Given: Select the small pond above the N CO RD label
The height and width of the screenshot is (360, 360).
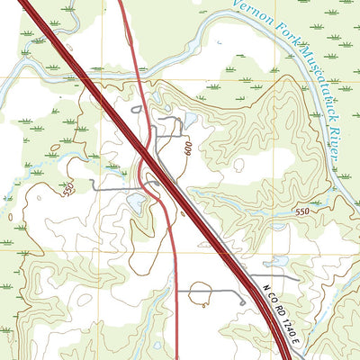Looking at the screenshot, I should pyautogui.click(x=279, y=262).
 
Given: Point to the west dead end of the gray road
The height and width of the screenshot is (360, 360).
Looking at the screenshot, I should pyautogui.click(x=91, y=184).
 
